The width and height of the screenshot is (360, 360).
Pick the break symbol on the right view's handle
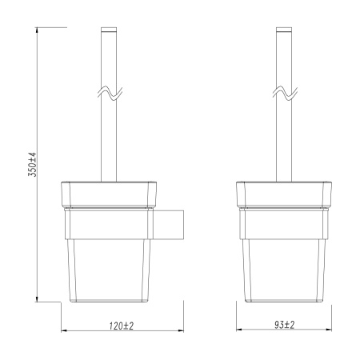click(x=282, y=94)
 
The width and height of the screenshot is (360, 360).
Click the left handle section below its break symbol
click(x=106, y=140)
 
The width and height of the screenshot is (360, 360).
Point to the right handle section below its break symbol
click(x=282, y=140)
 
